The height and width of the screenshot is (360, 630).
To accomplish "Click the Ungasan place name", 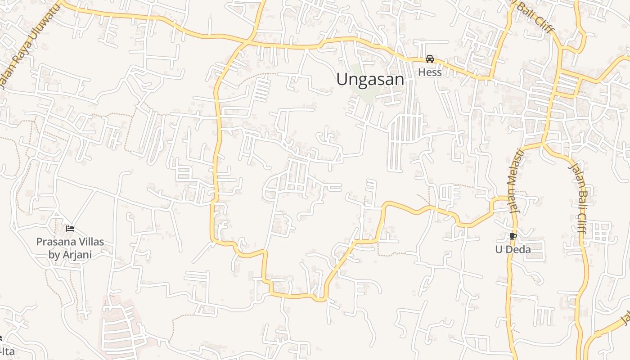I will (x=370, y=80).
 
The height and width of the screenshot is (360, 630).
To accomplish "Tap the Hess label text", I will (x=430, y=72).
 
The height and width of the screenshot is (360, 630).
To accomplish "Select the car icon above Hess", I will (x=430, y=59).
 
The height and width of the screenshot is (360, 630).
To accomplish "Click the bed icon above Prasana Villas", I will (x=70, y=229).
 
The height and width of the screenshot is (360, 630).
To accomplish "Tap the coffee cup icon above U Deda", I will (x=513, y=236).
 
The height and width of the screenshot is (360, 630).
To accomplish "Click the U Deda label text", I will (x=513, y=249).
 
